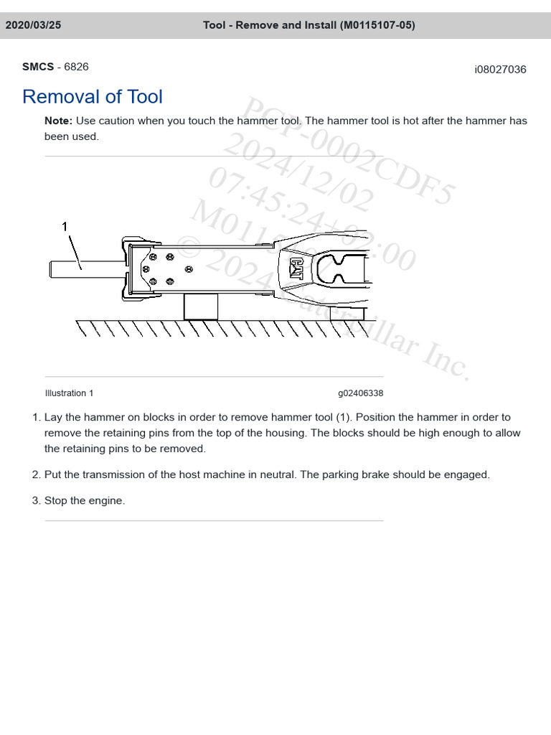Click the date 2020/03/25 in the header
point(34,25)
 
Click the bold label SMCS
point(38,67)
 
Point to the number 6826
point(77,67)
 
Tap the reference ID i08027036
point(500,70)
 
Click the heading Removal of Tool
point(93,97)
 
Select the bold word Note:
point(59,121)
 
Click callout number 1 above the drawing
point(65,227)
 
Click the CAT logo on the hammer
point(296,268)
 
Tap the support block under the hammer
point(201,306)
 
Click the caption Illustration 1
point(69,393)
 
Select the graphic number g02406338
point(360,393)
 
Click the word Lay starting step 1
point(54,417)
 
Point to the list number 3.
point(35,500)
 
